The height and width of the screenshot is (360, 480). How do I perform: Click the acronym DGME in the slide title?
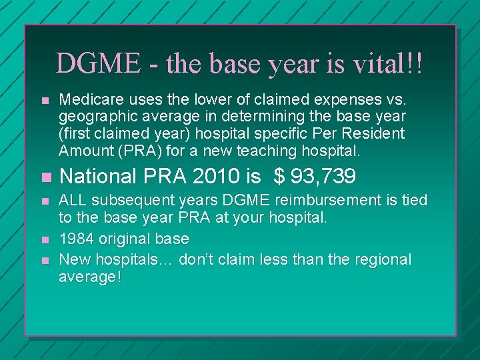point(97,64)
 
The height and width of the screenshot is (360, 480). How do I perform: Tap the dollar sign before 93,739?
point(279,177)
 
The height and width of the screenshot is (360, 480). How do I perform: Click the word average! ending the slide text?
point(90,276)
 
